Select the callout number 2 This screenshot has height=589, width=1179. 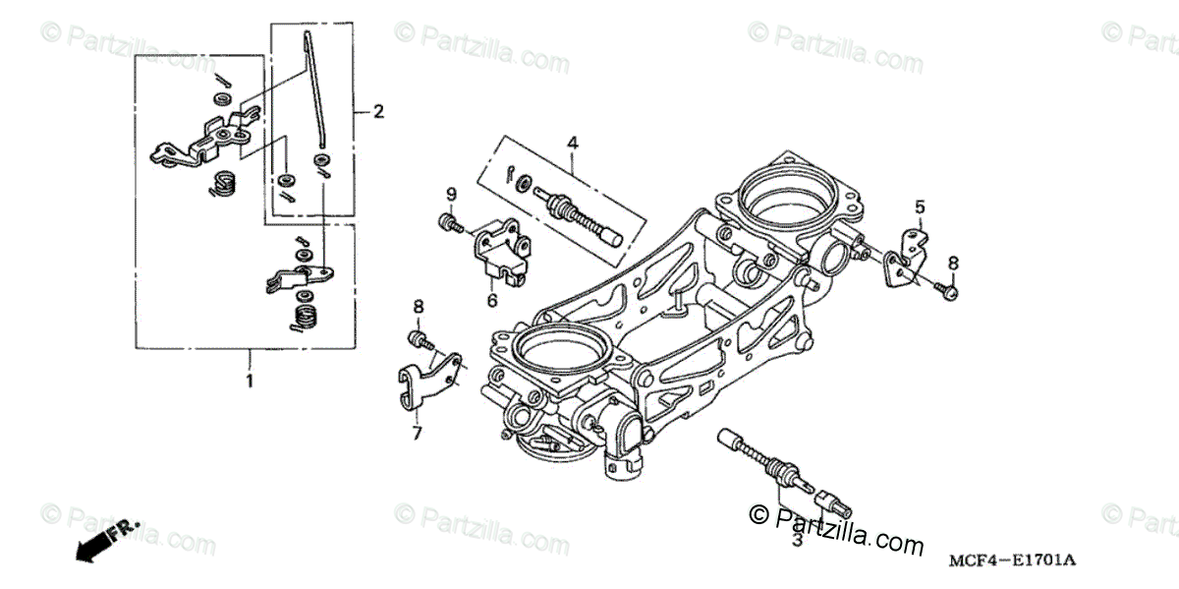[x=378, y=111]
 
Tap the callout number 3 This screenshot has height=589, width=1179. [x=796, y=539]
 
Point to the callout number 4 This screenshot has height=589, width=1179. [x=572, y=145]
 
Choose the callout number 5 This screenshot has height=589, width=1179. [x=920, y=206]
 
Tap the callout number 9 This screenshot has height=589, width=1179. [x=451, y=192]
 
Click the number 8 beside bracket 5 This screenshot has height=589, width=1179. [x=952, y=263]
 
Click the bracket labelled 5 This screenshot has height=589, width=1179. [x=903, y=258]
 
